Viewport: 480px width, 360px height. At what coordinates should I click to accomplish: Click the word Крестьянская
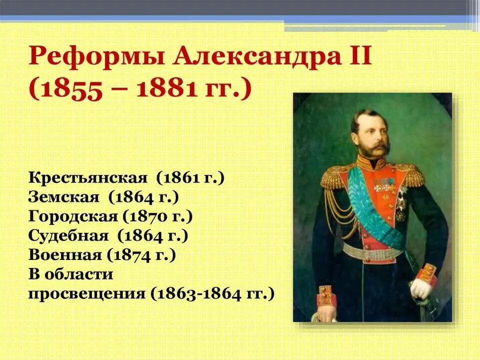pos(88,178)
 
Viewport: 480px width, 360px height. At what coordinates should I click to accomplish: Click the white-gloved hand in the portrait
pos(421,288)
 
